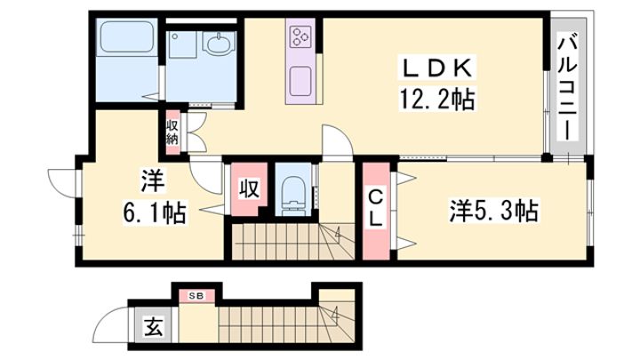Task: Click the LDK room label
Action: coord(436,68)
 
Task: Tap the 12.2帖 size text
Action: coord(436,100)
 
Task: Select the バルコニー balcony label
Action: coord(568,87)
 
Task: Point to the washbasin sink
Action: coord(220,43)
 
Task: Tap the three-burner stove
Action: coord(301,36)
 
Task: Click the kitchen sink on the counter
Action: coord(301,81)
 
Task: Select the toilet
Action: coord(293,195)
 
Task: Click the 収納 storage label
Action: coord(172,132)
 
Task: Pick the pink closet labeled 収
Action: coord(249,189)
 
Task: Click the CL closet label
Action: coord(375,210)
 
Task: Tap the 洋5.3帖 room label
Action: coord(493,211)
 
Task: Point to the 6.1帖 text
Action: coord(155,212)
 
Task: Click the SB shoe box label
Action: coord(196,296)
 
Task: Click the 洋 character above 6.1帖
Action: coord(153,180)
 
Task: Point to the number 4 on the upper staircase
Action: coord(338,234)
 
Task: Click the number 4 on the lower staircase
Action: coord(335,316)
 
